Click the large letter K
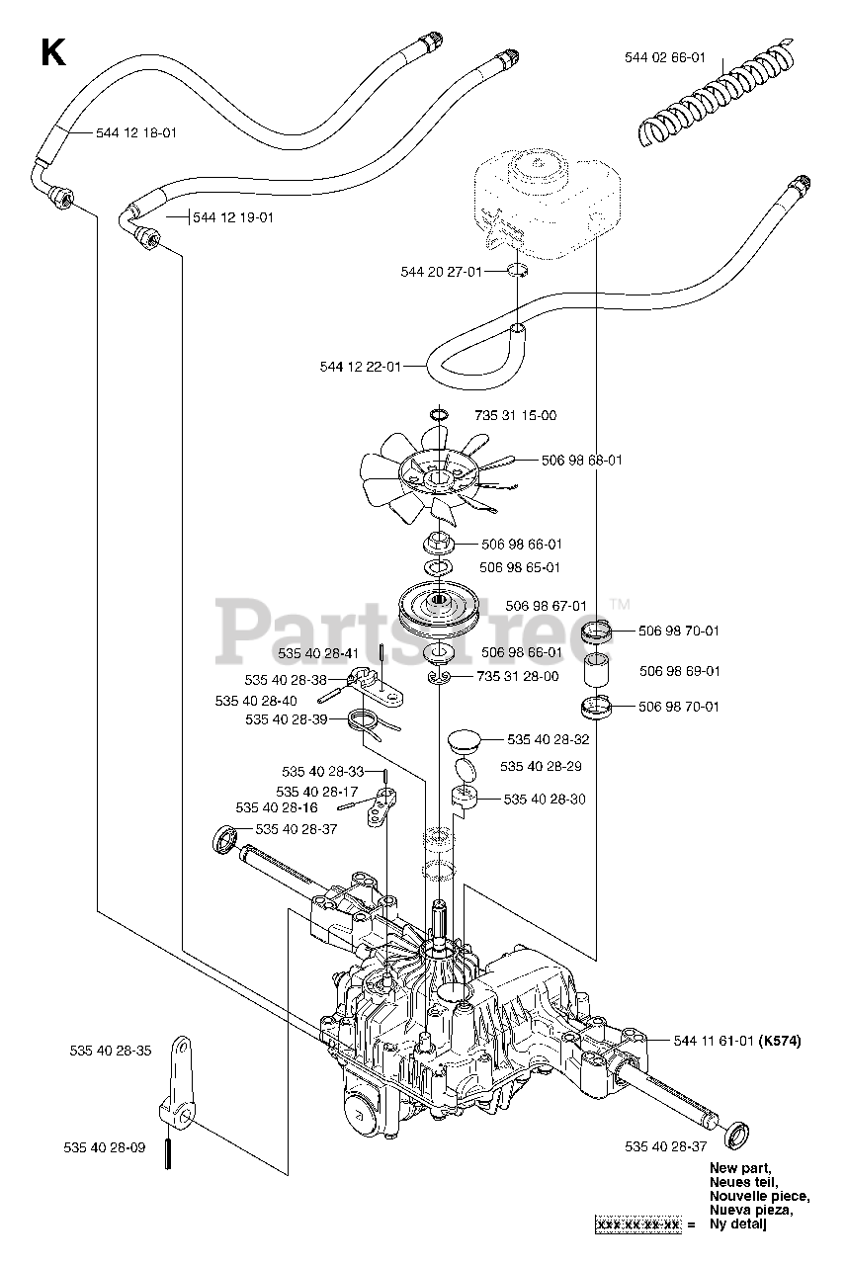click(x=52, y=52)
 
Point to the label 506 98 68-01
click(x=582, y=460)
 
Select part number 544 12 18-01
click(x=136, y=132)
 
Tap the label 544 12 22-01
click(x=360, y=367)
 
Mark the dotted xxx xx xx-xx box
click(x=638, y=1225)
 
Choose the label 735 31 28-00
click(x=517, y=676)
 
